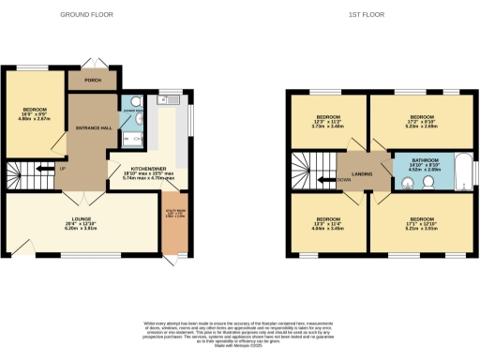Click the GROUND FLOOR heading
tap(86, 15)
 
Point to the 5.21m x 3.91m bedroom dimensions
tap(419, 227)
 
